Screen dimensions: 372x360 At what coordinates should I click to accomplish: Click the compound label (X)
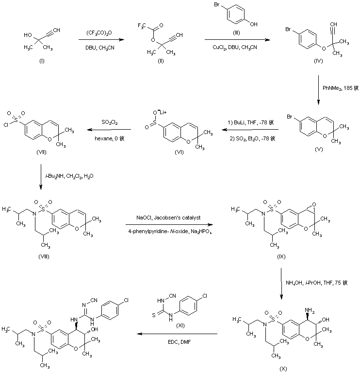click(x=284, y=368)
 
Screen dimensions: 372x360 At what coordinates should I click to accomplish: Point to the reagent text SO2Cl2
click(x=109, y=122)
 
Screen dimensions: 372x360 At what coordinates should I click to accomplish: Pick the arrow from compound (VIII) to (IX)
click(x=169, y=224)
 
